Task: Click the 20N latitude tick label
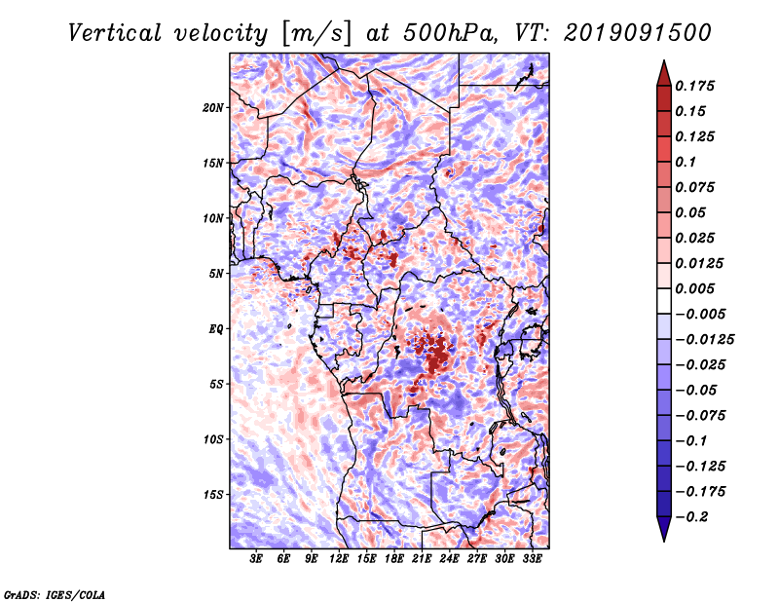point(213,108)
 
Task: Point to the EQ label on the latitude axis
point(215,329)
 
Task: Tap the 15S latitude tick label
point(213,495)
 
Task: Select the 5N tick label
point(216,274)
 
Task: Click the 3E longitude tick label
point(256,559)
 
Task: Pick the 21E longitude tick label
point(422,559)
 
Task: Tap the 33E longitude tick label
point(532,559)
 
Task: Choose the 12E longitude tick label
point(338,559)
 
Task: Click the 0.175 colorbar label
point(694,86)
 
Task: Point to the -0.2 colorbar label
point(691,517)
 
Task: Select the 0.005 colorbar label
point(694,288)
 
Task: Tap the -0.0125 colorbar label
point(704,340)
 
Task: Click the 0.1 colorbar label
point(686,162)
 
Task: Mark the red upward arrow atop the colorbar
point(664,73)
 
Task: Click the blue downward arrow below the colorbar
point(664,529)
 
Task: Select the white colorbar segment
point(664,301)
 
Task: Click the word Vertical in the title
point(115,33)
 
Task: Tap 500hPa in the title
point(449,33)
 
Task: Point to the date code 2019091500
point(638,33)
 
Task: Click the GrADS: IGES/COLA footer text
point(55,594)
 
